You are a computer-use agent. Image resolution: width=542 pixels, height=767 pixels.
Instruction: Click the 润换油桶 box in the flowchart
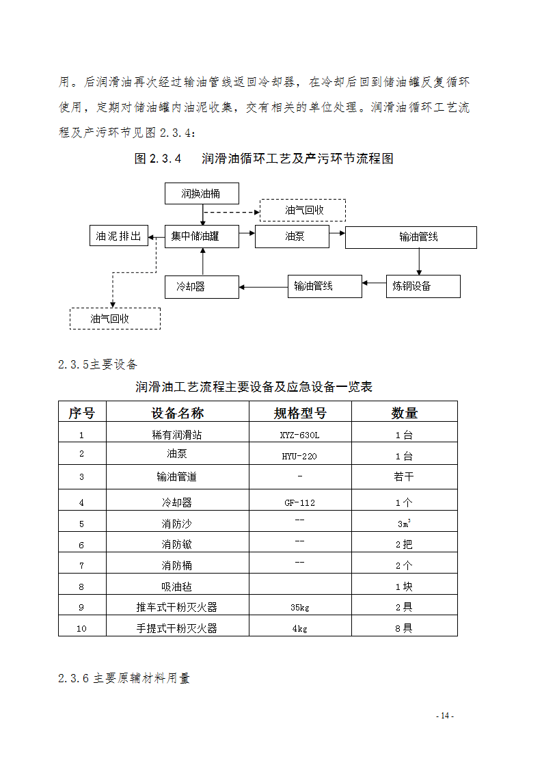pyautogui.click(x=202, y=193)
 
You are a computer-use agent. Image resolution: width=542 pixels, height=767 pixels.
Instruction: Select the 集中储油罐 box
pyautogui.click(x=202, y=237)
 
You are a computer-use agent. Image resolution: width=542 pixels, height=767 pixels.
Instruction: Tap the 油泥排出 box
pyautogui.click(x=119, y=237)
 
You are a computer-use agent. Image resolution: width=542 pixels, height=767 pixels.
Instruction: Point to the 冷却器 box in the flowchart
pyautogui.click(x=202, y=286)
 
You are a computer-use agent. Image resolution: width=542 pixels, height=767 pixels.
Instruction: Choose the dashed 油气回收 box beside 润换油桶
pyautogui.click(x=303, y=210)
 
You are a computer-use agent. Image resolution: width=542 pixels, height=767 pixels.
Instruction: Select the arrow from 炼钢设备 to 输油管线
pyautogui.click(x=374, y=282)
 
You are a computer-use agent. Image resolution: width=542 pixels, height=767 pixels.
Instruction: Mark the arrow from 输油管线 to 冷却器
pyautogui.click(x=263, y=286)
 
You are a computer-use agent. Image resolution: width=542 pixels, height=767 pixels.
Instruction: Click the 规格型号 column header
pyautogui.click(x=300, y=412)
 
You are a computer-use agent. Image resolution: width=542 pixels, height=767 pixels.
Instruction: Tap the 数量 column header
pyautogui.click(x=404, y=412)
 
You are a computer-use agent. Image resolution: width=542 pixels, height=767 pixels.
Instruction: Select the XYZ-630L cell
pyautogui.click(x=300, y=435)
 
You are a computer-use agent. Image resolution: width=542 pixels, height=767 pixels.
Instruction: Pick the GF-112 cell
pyautogui.click(x=300, y=502)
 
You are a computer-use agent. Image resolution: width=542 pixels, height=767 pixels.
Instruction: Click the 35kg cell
pyautogui.click(x=300, y=607)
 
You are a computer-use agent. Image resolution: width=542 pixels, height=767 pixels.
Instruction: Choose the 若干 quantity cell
pyautogui.click(x=404, y=477)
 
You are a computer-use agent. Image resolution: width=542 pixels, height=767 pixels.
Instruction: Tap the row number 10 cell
pyautogui.click(x=81, y=628)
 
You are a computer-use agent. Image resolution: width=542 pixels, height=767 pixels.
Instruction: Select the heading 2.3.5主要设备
pyautogui.click(x=98, y=364)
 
